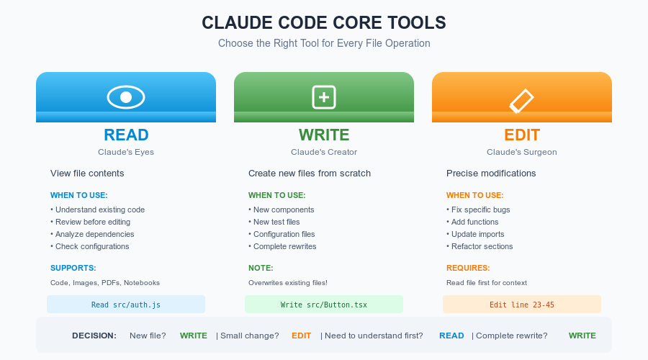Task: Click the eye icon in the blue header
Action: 126,96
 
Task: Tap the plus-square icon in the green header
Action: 324,96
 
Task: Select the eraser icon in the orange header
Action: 521,101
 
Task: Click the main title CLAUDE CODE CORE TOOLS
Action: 324,23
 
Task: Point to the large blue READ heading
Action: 126,135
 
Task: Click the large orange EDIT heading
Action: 522,135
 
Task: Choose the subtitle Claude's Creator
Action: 324,152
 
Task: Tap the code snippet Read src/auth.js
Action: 126,305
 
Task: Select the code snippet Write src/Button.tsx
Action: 324,305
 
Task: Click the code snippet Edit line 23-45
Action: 522,305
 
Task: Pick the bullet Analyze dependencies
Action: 94,234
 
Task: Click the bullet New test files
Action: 276,222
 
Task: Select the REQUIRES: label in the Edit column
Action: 468,268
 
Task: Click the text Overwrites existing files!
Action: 288,283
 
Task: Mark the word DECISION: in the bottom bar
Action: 94,336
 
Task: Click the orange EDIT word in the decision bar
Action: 302,336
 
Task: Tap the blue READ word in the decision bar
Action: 451,336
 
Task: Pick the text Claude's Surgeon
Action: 522,152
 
